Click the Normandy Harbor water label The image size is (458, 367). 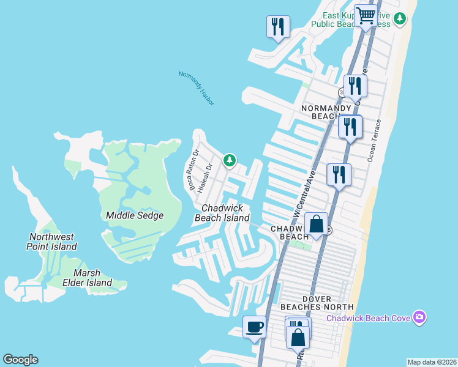point(197,88)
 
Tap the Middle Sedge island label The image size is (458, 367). point(135,215)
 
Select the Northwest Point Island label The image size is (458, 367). point(51,242)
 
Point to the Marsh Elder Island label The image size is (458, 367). point(88,277)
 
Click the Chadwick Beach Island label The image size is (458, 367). point(222,213)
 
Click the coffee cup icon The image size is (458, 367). point(254,326)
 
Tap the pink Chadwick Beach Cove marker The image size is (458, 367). point(419,317)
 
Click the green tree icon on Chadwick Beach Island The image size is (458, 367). point(229,160)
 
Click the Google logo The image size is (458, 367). point(20,360)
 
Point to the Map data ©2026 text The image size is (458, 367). point(432,362)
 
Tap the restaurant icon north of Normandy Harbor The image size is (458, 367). point(278,26)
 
